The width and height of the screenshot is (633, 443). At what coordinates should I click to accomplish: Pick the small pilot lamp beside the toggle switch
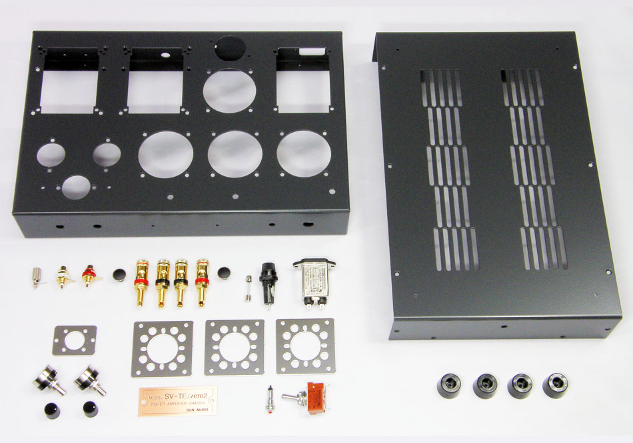[x=271, y=398]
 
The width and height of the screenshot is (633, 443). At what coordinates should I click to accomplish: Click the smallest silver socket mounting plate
[x=75, y=340]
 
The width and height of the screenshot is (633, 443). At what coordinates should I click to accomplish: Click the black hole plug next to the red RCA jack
[x=119, y=274]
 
